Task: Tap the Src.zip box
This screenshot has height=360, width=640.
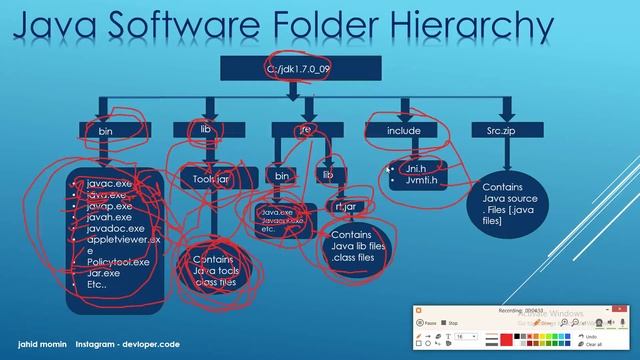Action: click(505, 131)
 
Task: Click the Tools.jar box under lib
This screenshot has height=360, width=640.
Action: click(212, 179)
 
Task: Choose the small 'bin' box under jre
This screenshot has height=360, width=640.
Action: click(283, 175)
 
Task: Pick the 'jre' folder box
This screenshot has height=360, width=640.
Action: click(305, 131)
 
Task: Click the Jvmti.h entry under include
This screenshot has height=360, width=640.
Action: click(414, 181)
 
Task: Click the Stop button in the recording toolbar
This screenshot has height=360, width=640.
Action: click(454, 323)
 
